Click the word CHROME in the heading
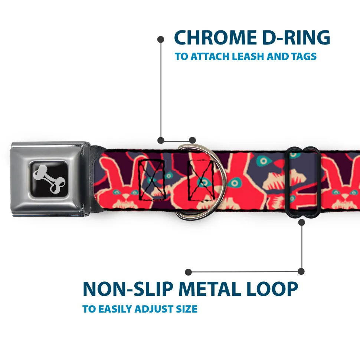click(x=215, y=37)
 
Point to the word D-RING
click(x=296, y=37)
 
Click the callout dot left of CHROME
click(x=161, y=40)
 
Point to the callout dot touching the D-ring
click(x=192, y=140)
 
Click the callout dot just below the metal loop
click(x=301, y=222)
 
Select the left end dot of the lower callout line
click(x=188, y=272)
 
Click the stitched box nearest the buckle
click(x=151, y=180)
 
